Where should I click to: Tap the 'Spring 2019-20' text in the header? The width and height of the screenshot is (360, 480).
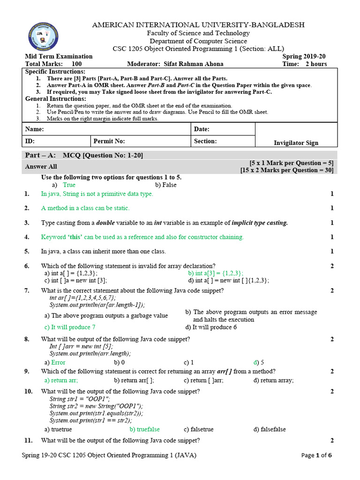click(304, 56)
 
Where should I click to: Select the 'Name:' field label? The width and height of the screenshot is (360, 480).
click(34, 129)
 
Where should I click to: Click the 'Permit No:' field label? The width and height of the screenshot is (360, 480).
click(109, 141)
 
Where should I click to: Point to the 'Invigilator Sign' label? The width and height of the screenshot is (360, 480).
click(296, 143)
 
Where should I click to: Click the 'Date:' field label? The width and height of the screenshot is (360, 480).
click(202, 129)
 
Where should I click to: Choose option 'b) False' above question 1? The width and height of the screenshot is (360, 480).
click(166, 185)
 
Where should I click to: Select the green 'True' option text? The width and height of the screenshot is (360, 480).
click(69, 185)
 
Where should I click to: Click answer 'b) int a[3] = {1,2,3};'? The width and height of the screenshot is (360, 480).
click(216, 273)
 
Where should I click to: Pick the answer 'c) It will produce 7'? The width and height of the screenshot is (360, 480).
click(70, 327)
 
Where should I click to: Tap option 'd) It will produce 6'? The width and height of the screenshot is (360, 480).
click(211, 327)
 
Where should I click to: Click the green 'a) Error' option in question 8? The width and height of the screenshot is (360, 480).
click(55, 362)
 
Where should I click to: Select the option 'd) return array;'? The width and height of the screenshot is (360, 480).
click(274, 380)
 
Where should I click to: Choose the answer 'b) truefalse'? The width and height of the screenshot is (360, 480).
click(145, 429)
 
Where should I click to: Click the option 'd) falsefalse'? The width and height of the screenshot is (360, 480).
click(270, 429)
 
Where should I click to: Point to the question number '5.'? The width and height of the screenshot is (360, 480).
click(27, 251)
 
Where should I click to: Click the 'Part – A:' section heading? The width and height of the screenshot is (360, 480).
click(40, 155)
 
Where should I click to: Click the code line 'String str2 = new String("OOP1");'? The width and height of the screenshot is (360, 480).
click(96, 406)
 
